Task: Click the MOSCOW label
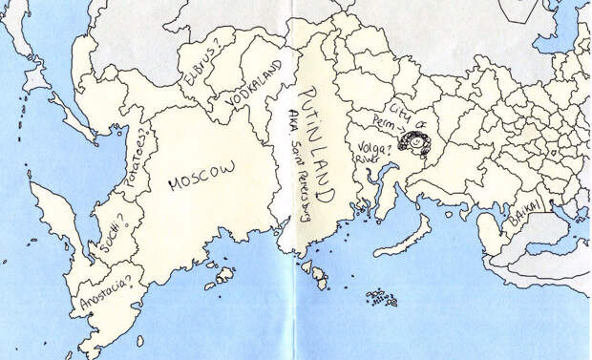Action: [x=201, y=177]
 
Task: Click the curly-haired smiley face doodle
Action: [x=415, y=143]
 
